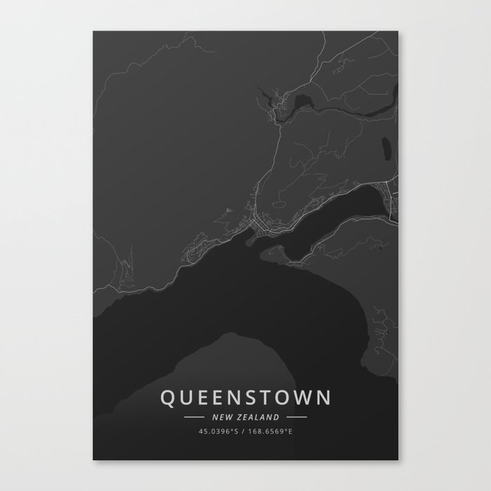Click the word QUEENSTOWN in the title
245,398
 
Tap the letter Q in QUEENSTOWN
168,398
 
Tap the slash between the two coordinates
243,431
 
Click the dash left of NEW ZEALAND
194,417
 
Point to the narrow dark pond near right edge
384,149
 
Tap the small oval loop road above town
278,205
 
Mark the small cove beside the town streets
248,241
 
